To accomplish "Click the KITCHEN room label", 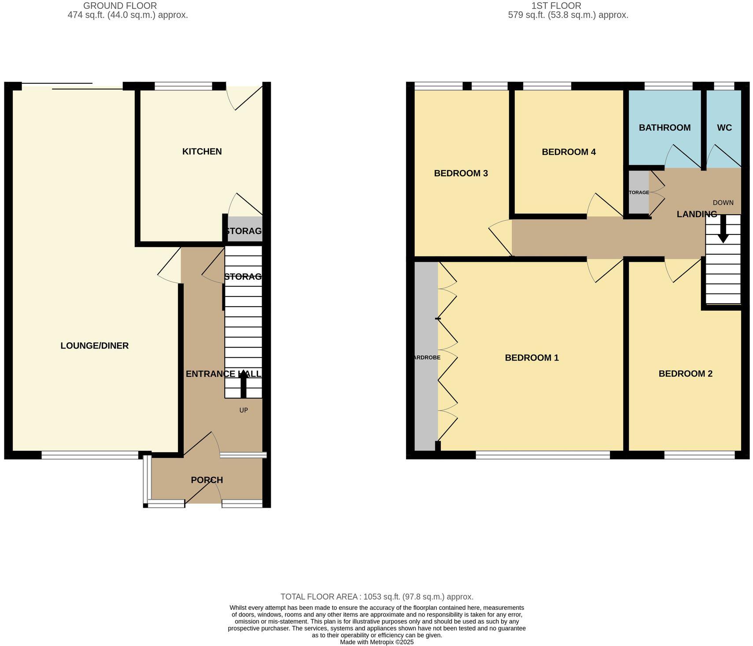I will click(202, 152).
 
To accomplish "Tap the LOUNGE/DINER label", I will click(94, 346).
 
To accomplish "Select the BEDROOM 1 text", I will click(532, 358).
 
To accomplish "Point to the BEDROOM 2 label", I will click(685, 374).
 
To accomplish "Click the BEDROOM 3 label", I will click(461, 173).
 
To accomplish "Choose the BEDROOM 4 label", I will click(568, 152).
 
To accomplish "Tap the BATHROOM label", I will click(664, 128).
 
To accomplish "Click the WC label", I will click(724, 128).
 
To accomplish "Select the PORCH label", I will click(207, 480).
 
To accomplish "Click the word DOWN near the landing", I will click(723, 203).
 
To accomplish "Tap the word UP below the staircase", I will click(244, 410).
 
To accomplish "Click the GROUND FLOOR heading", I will click(120, 6).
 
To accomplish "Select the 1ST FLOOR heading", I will click(556, 6).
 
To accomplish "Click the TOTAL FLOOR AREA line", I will click(377, 597).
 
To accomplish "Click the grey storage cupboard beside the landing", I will click(639, 193).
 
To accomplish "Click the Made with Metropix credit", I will click(376, 642).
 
